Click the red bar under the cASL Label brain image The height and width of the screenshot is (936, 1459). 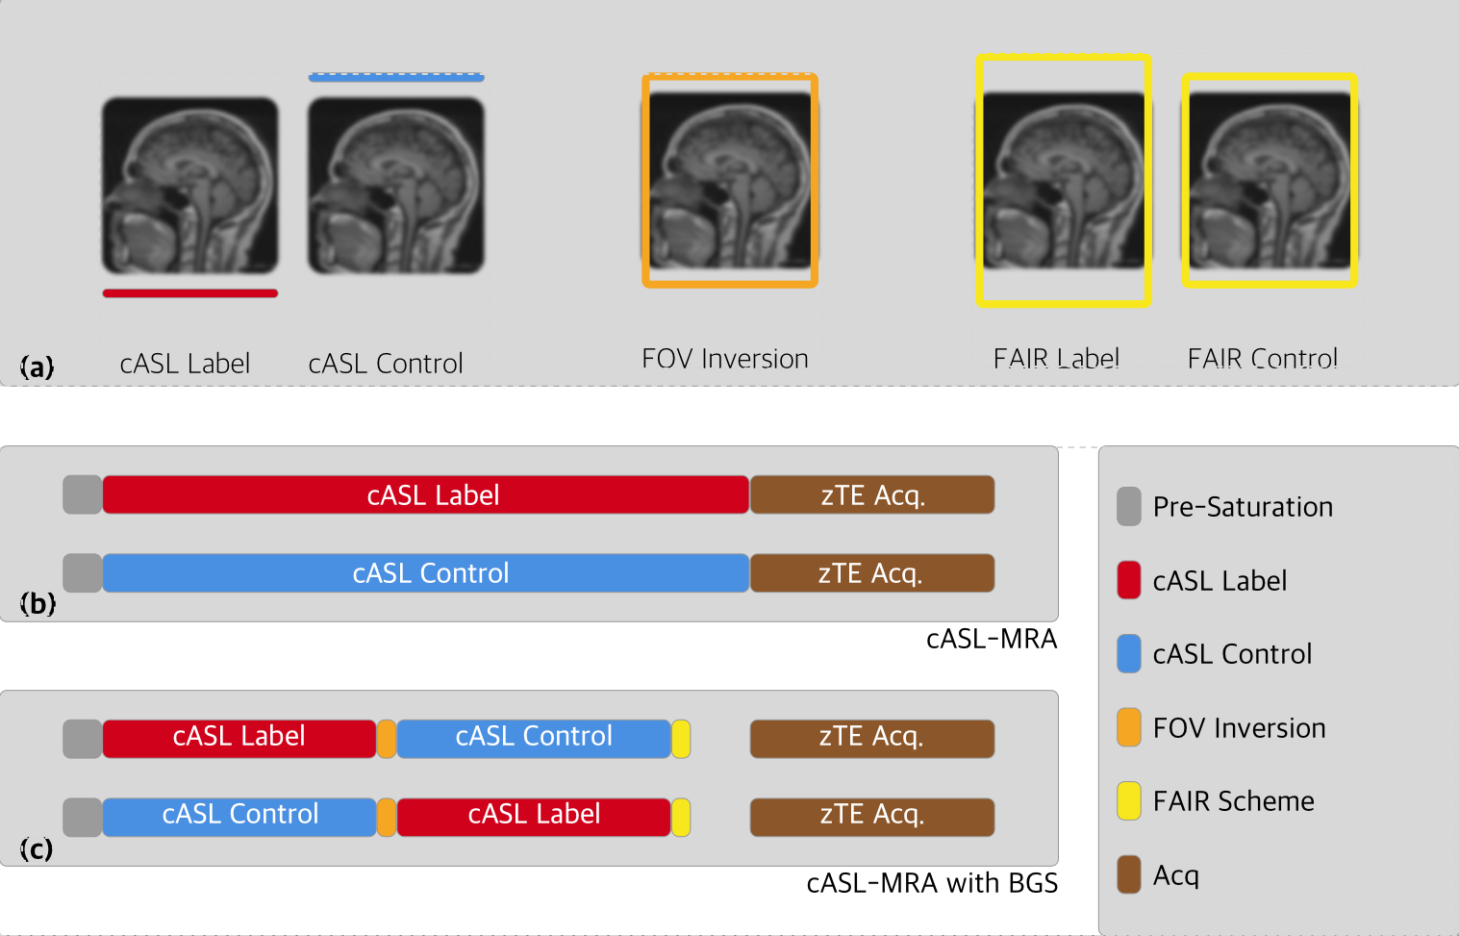click(190, 293)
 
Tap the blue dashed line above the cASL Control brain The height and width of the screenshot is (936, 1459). click(396, 76)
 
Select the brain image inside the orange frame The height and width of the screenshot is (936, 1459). click(730, 181)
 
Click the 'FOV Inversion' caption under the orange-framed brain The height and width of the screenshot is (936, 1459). click(725, 359)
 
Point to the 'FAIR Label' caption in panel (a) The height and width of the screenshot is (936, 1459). click(1056, 359)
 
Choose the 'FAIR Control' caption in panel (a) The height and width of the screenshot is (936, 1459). click(1262, 359)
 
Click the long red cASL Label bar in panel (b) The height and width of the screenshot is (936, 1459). click(425, 495)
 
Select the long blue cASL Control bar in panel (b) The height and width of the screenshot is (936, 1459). click(425, 573)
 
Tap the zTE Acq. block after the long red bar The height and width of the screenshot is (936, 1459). click(872, 495)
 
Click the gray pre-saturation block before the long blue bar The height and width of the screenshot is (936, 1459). click(83, 573)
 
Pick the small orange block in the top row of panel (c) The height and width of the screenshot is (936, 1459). click(387, 739)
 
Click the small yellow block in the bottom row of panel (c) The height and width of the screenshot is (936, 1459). click(681, 817)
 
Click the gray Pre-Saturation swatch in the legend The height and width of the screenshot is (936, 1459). click(1129, 507)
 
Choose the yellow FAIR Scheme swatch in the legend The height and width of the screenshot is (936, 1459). click(1129, 801)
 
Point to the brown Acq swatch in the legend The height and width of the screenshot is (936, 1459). click(1129, 874)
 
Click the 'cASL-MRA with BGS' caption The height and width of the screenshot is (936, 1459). click(932, 883)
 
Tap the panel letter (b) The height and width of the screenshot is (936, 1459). click(38, 603)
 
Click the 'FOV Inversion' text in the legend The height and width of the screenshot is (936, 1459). click(1239, 728)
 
